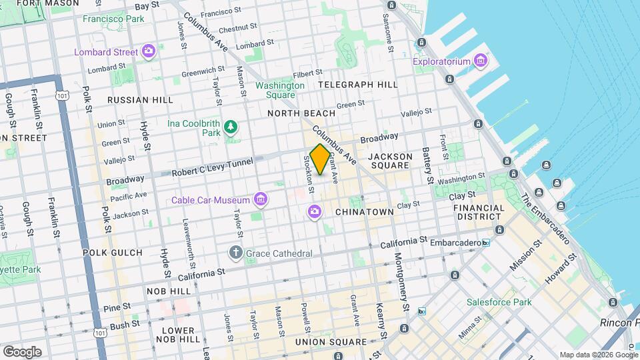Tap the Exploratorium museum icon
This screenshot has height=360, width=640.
click(x=480, y=62)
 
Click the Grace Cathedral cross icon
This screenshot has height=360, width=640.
click(x=235, y=253)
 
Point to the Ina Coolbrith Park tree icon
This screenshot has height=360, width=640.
click(x=231, y=127)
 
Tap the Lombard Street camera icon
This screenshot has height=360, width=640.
click(x=148, y=51)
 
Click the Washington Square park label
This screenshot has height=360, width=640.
click(x=280, y=90)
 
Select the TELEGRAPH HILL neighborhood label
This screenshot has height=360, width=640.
click(x=357, y=85)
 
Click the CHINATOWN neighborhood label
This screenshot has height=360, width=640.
click(x=364, y=212)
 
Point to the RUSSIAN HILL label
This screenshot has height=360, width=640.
click(x=140, y=100)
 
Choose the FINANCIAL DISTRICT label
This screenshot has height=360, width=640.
click(x=479, y=212)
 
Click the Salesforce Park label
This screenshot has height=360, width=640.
click(x=499, y=302)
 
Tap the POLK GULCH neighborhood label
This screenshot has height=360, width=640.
click(x=113, y=253)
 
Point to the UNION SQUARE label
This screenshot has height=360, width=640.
click(x=331, y=342)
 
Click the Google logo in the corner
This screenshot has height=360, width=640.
click(x=22, y=351)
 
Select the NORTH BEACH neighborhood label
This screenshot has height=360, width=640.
click(x=301, y=113)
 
